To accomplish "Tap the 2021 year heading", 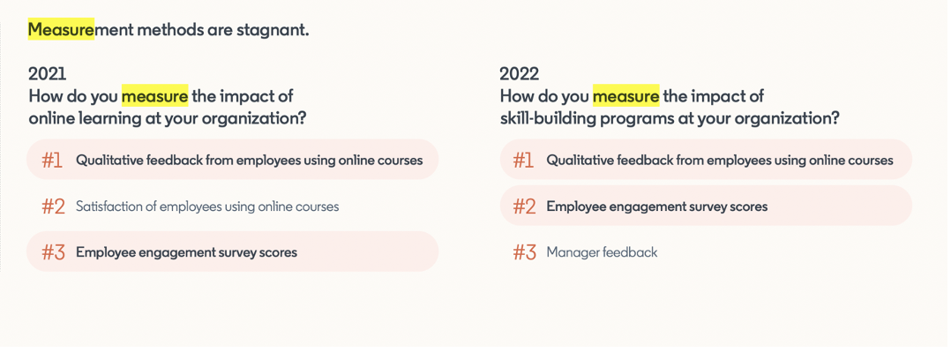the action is pos(48,74).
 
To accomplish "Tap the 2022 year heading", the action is pos(519,74).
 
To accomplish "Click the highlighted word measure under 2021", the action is pos(154,96).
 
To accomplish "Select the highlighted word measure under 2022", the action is pos(626,96).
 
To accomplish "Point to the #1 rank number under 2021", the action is pos(52,161).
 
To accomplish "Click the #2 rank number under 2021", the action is pos(53,206).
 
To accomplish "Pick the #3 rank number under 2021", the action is pos(53,252).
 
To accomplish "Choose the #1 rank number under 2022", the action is pos(523,161).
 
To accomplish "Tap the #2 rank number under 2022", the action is pos(525,206).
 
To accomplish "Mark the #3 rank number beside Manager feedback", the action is pos(525,252).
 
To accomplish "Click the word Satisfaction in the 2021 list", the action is pos(105,206).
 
